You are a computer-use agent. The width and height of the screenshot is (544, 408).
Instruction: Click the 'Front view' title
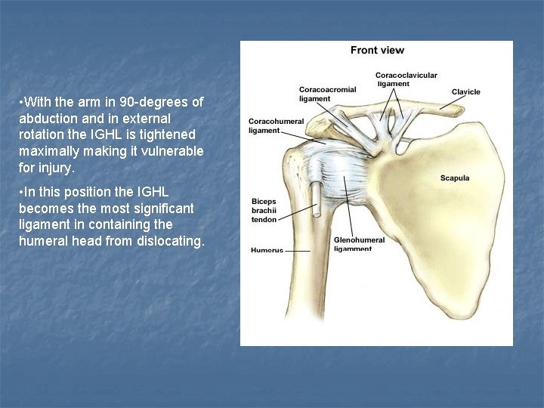(x=377, y=51)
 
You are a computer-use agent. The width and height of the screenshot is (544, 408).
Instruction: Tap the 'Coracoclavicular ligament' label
(x=406, y=79)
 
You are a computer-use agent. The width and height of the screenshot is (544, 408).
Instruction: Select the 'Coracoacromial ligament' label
(x=327, y=94)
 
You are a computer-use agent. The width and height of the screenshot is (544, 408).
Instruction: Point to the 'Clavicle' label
(x=465, y=92)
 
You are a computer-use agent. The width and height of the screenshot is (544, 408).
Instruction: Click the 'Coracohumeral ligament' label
(x=276, y=125)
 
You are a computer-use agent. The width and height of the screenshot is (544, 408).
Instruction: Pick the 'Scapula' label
(x=455, y=178)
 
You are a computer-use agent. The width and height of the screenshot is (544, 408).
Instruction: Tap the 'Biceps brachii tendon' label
(x=264, y=210)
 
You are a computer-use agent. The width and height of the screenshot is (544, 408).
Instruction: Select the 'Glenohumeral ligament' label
(x=358, y=244)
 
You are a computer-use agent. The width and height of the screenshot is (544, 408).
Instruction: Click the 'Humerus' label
(x=267, y=249)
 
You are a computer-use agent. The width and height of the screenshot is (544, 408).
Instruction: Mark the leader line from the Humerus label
(x=297, y=250)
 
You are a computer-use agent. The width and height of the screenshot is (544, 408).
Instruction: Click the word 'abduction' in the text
(x=45, y=119)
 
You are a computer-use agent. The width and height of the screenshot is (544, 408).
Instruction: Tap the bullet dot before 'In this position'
(x=21, y=192)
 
